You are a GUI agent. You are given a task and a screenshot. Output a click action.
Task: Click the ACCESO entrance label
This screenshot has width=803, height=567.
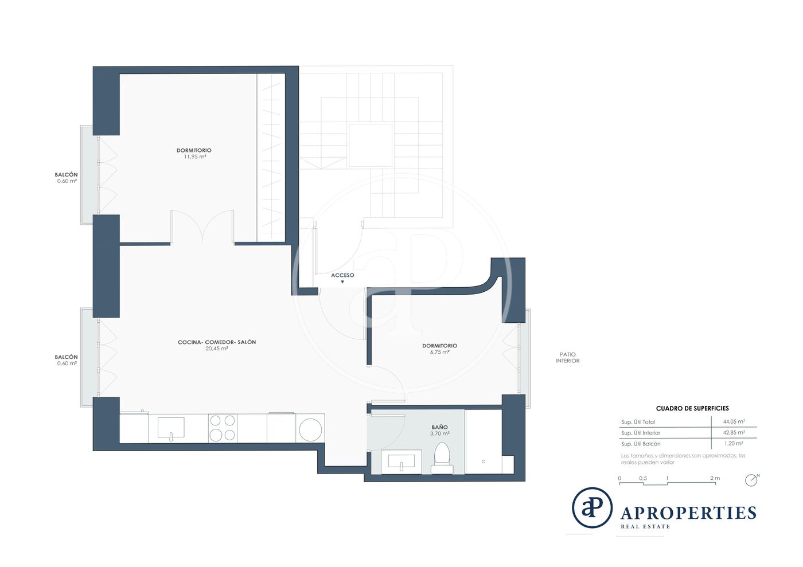coord(342,275)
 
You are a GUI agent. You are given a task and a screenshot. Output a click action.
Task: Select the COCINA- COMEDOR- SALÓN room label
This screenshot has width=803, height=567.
coord(217,342)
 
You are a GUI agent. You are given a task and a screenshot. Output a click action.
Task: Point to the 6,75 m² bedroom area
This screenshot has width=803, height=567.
coord(440,353)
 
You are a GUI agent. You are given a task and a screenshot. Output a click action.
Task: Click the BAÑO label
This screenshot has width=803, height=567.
coord(439,427)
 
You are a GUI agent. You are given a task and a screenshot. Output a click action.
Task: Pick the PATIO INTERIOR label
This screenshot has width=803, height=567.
coord(567,358)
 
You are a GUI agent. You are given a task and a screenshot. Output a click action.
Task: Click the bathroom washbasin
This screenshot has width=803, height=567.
coord(402,462)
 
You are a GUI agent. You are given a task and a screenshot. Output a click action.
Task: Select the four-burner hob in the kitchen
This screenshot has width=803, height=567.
coord(223,428)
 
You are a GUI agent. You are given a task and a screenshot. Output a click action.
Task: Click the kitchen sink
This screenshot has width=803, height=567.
coord(171,428)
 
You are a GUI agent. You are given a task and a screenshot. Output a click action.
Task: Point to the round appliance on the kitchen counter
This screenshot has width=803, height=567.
coord(310,429)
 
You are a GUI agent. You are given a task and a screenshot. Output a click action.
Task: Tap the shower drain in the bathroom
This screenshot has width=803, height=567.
coord(483,462)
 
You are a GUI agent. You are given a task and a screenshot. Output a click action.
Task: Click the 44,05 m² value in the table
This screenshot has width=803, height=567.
coord(734,421)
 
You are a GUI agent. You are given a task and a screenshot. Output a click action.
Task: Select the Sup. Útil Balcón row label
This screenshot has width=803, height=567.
coord(641,444)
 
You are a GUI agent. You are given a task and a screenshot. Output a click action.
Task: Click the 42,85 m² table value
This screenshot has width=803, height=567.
coord(734,433)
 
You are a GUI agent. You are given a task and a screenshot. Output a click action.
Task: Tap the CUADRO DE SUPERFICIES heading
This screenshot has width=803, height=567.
coord(692,408)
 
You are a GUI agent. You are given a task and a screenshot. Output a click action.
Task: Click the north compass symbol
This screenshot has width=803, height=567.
coord(751,480)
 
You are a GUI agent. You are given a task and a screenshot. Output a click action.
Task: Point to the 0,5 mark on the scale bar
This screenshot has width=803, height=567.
coord(643,478)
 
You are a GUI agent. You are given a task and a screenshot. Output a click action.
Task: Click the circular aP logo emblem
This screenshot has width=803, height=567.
coord(592,507)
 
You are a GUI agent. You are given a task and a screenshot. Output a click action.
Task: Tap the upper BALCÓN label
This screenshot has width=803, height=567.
coord(67,174)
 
